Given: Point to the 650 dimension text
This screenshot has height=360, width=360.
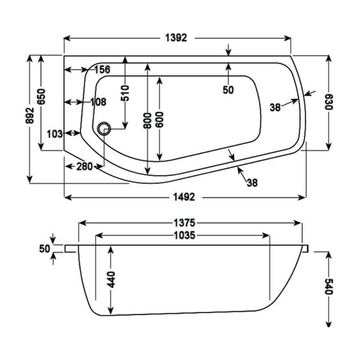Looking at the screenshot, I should [x=41, y=96].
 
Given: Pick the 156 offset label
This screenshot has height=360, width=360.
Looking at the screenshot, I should [x=102, y=70].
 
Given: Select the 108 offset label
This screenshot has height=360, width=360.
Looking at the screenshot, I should [x=98, y=102].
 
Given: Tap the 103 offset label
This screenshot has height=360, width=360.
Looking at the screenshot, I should [x=54, y=133].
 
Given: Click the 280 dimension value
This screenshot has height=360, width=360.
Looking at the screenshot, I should [x=84, y=166].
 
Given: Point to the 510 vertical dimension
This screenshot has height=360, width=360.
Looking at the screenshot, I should [x=125, y=93].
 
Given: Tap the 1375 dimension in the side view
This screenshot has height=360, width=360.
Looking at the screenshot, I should [x=184, y=222].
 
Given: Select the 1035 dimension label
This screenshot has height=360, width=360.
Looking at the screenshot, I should [x=183, y=235].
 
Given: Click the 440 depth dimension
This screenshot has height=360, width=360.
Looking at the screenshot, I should [x=111, y=279].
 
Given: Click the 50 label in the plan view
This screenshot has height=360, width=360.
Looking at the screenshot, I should [x=228, y=90].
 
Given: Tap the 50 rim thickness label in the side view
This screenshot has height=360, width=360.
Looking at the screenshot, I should [x=44, y=248].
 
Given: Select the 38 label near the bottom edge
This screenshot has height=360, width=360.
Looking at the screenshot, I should [x=252, y=183].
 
